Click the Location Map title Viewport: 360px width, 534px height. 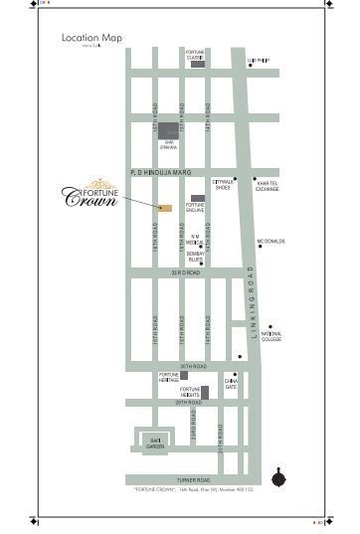point(91,38)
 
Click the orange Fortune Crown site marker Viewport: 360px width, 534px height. point(164,207)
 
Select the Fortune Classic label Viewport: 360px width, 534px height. point(195,55)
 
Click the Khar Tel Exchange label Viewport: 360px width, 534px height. point(267,186)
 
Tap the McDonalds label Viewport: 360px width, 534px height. point(271,242)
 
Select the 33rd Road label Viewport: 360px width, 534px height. point(185,271)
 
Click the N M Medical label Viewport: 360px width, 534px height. point(196,239)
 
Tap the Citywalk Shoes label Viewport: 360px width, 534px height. point(223,185)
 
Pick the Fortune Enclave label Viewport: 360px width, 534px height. point(195,208)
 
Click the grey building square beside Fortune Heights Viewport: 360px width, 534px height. point(206,392)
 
